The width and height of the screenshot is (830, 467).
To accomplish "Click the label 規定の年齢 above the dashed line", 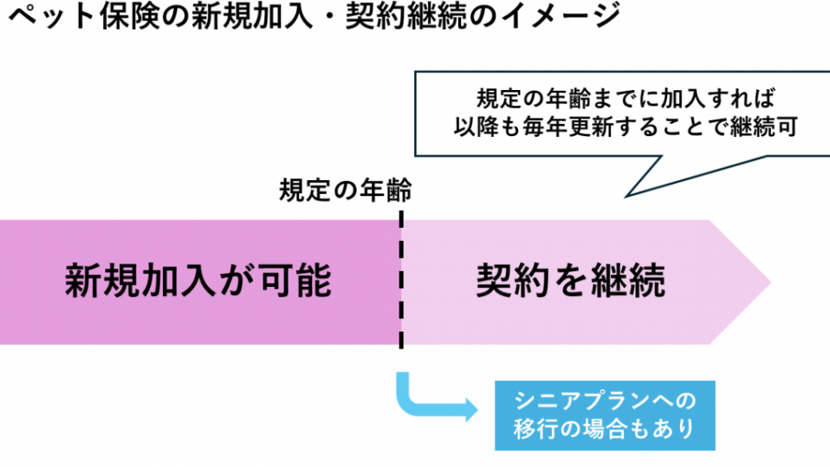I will click(346, 191).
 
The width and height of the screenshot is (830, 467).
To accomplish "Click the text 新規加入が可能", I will click(199, 281).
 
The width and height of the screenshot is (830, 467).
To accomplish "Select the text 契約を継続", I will click(571, 281).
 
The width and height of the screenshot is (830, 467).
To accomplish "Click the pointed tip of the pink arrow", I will click(768, 282).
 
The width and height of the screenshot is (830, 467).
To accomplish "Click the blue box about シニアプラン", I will click(605, 414).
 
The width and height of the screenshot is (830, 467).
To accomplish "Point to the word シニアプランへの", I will click(605, 401).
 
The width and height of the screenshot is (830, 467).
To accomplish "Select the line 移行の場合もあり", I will click(605, 428).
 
